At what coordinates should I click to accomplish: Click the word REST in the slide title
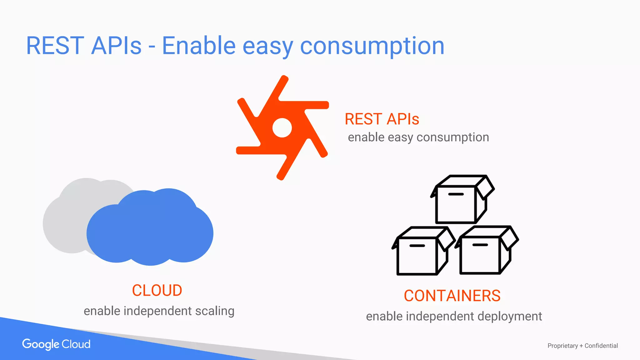click(55, 46)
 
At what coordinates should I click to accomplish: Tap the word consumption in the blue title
click(372, 46)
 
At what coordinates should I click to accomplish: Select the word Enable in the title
click(199, 46)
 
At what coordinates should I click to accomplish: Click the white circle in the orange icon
click(282, 127)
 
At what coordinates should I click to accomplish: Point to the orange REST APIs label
click(382, 119)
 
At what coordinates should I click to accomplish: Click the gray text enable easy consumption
click(418, 137)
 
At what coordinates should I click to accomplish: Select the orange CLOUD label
click(157, 290)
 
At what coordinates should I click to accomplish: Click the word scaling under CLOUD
click(215, 311)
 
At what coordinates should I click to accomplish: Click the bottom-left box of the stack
click(417, 255)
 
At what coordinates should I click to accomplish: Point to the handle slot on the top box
click(456, 194)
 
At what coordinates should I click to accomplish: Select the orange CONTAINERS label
click(452, 296)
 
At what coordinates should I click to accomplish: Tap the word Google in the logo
click(41, 344)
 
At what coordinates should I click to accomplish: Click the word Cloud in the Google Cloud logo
click(76, 344)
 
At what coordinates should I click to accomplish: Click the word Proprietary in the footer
click(562, 346)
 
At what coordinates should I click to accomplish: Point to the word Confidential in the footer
click(601, 346)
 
